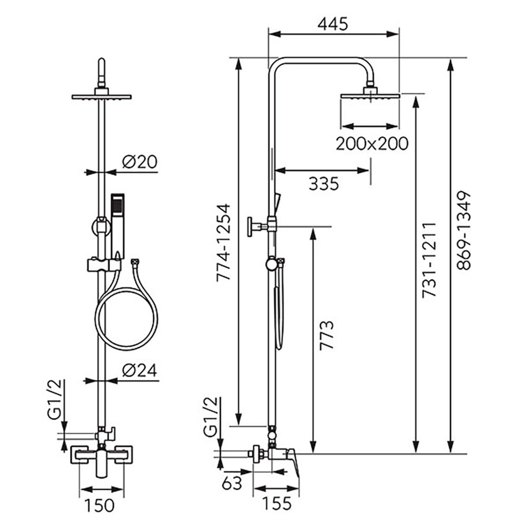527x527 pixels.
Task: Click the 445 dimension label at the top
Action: coord(333,24)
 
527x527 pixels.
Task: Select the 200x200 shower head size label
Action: coord(372,143)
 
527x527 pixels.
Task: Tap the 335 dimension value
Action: coord(323,184)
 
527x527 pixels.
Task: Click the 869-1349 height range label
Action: coord(464,231)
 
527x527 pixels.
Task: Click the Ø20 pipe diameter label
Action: coord(140,162)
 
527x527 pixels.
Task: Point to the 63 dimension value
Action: coord(232,483)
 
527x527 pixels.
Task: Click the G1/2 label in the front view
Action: coord(54,399)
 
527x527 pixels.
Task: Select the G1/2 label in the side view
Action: coord(209,415)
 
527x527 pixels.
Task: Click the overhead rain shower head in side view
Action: coord(370,95)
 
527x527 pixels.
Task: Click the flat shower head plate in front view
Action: coord(101,96)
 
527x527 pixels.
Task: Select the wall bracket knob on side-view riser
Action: coord(255,227)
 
